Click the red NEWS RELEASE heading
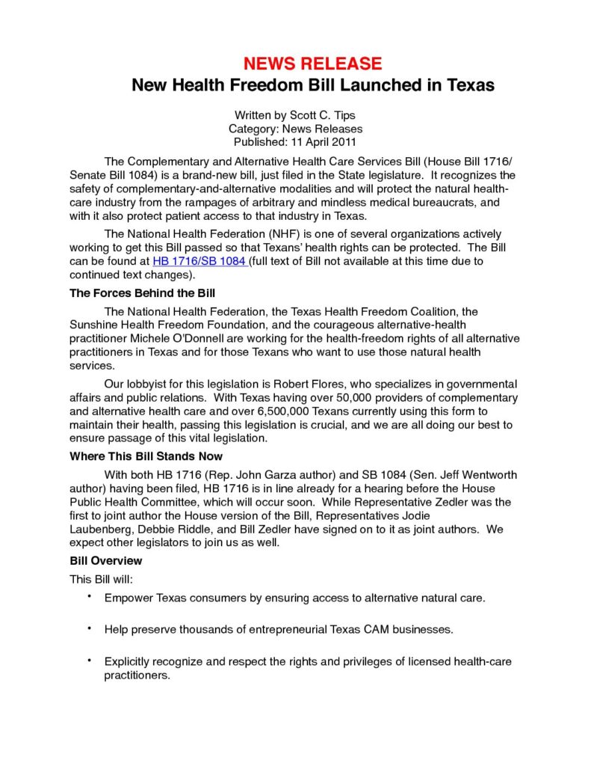pyautogui.click(x=313, y=63)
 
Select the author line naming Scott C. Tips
pyautogui.click(x=295, y=116)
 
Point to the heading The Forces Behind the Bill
pyautogui.click(x=143, y=292)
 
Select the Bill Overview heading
pyautogui.click(x=105, y=560)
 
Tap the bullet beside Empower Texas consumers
pyautogui.click(x=90, y=596)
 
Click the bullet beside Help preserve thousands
pyautogui.click(x=90, y=628)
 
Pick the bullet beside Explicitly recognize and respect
pyautogui.click(x=90, y=660)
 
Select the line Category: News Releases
pyautogui.click(x=295, y=129)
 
